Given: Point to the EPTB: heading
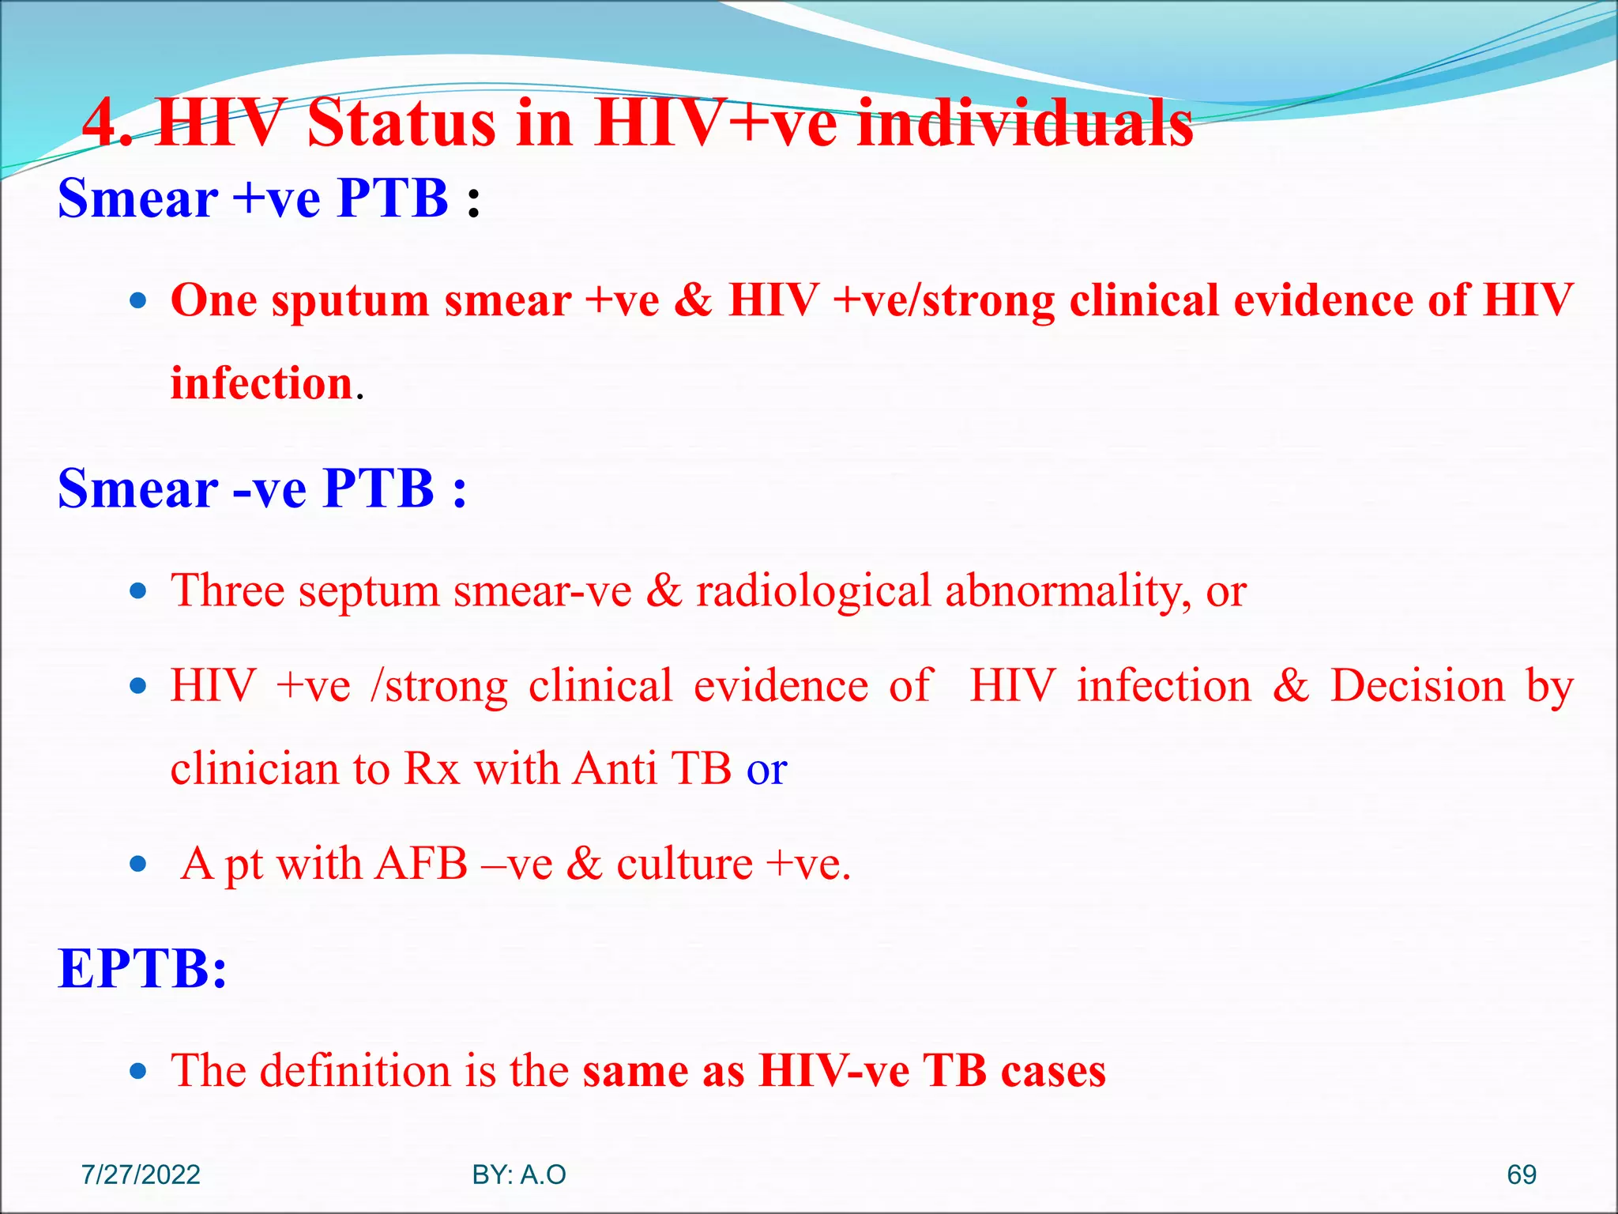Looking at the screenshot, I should (143, 968).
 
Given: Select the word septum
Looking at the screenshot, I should (368, 591).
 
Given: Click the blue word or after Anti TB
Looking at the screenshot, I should (766, 770).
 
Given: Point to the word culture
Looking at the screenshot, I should (684, 865).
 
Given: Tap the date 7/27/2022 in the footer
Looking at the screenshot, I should (141, 1174).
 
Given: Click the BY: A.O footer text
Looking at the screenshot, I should (519, 1174).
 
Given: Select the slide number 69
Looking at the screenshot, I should (1521, 1174).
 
